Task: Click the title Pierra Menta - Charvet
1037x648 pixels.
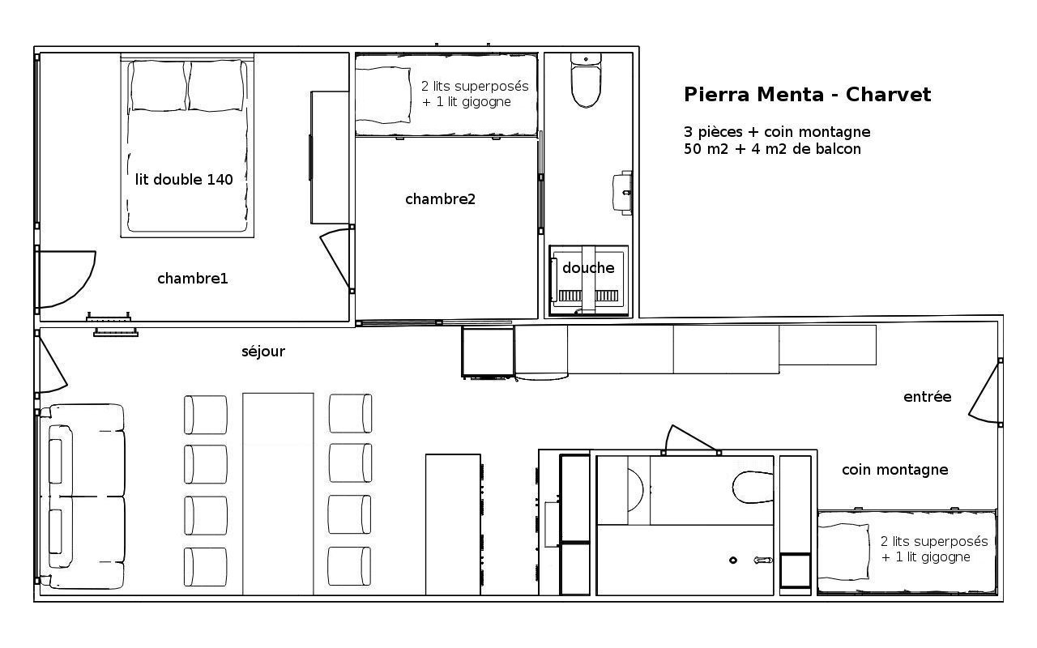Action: coord(807,95)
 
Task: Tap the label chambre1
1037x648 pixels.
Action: coord(193,279)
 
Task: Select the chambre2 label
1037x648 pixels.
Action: coord(440,199)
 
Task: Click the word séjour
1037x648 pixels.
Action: coord(263,352)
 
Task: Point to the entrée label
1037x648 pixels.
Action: coord(928,397)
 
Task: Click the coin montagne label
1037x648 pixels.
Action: coord(895,470)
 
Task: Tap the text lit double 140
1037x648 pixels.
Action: coord(184,180)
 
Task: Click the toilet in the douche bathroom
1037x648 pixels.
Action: coord(586,79)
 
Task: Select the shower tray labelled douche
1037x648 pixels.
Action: coord(588,280)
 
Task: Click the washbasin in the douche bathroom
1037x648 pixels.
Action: coord(622,193)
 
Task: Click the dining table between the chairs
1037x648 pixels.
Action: coord(278,494)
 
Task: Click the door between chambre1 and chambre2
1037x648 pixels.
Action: coord(336,258)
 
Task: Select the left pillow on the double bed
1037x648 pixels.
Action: coord(159,86)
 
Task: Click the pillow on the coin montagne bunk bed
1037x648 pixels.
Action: coord(843,552)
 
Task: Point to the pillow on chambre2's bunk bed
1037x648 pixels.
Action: coord(383,95)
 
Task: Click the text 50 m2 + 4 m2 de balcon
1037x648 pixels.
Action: coord(772,149)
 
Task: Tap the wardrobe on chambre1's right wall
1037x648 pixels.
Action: coord(330,157)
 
